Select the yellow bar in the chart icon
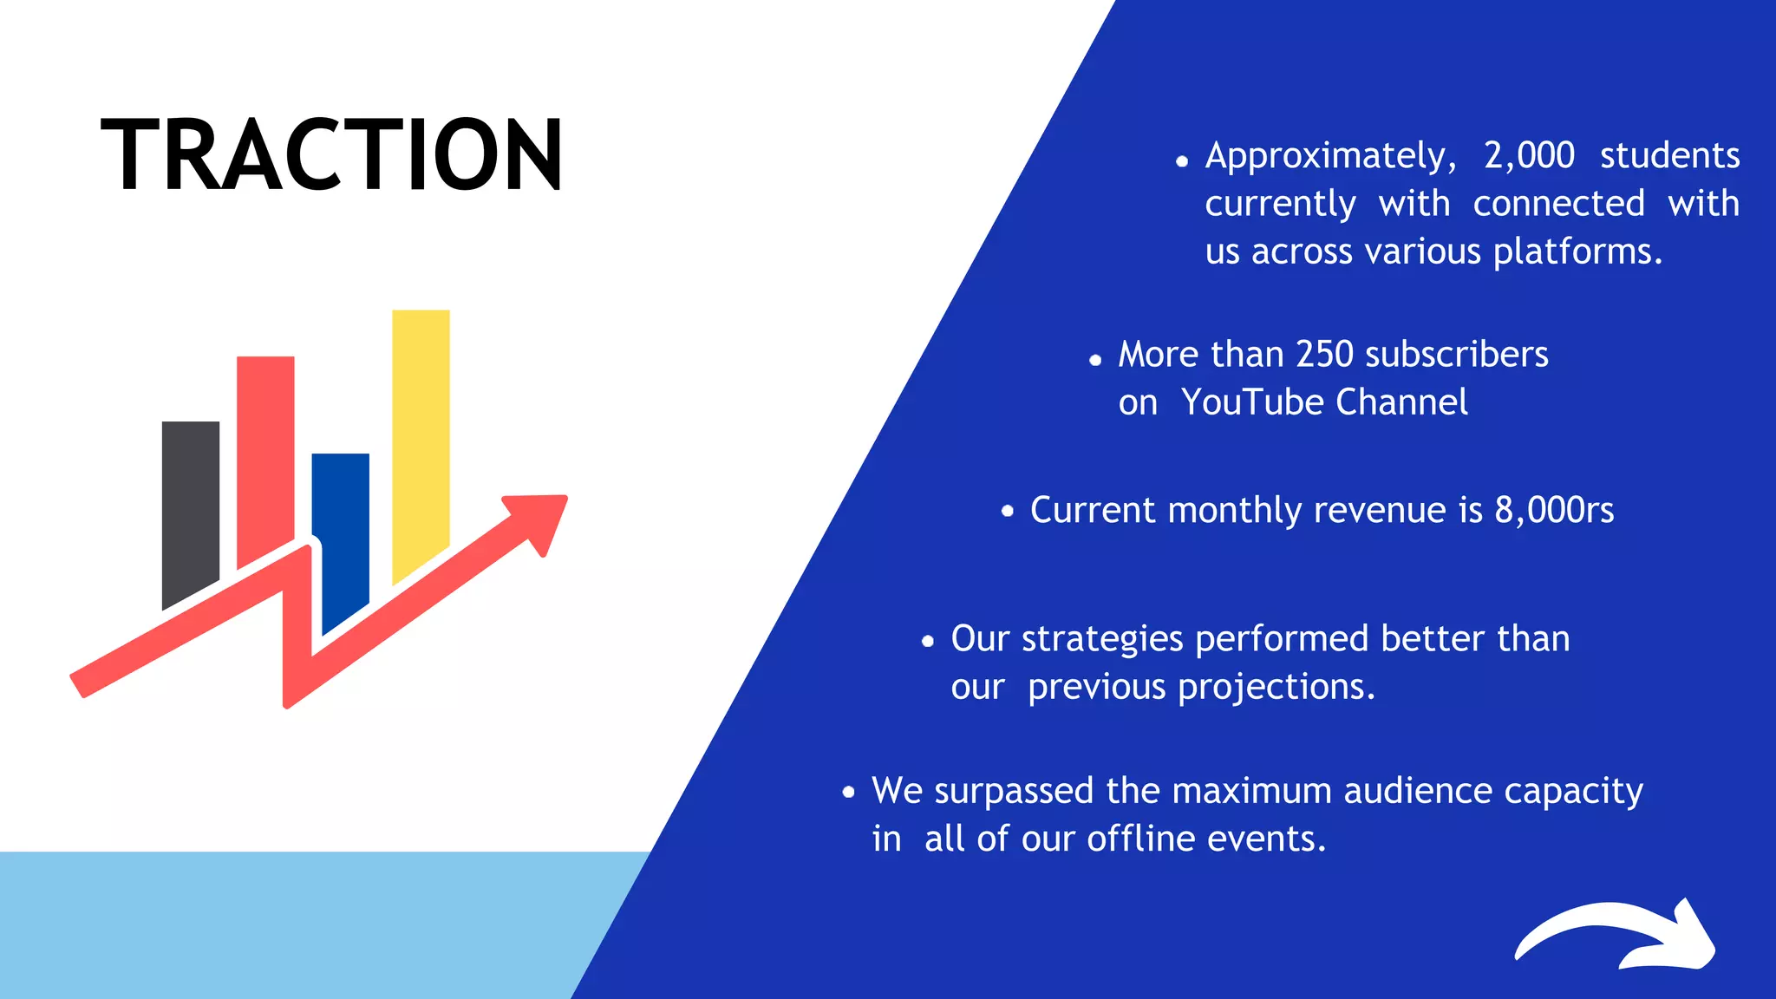click(x=421, y=434)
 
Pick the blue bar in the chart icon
click(x=341, y=529)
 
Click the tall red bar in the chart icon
click(x=265, y=451)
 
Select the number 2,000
click(x=1529, y=156)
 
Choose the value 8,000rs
click(x=1554, y=510)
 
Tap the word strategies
click(x=1101, y=640)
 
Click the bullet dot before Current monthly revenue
click(x=1007, y=511)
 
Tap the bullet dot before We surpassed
click(x=848, y=791)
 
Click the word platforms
click(x=1577, y=252)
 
